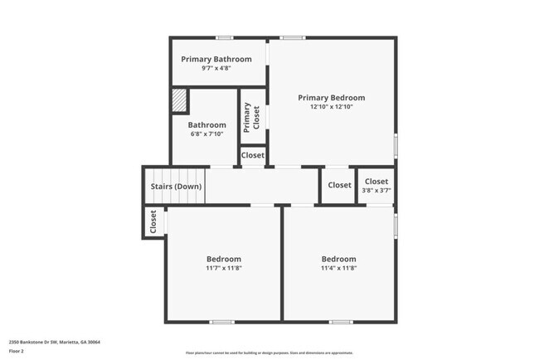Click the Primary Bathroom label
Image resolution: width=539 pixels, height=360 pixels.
point(216,59)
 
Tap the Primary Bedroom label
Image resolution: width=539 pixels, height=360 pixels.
point(331,98)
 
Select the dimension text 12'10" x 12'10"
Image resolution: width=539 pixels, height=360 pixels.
point(331,107)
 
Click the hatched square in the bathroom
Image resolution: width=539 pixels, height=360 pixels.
point(179,101)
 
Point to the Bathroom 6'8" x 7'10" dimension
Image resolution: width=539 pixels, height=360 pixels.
point(207,134)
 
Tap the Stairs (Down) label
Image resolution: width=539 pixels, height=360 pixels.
point(176,186)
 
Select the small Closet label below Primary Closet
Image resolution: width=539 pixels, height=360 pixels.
point(253,155)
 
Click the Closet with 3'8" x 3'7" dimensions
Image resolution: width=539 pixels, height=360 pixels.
point(376,181)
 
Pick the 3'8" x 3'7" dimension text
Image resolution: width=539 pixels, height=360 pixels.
point(376,190)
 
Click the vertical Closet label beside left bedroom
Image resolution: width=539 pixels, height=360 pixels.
point(153,221)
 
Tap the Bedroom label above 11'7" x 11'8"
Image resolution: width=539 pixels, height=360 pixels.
point(224,259)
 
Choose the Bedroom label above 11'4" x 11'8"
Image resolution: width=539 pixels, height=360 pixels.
point(338,259)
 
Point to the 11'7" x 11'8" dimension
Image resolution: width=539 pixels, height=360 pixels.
point(224,268)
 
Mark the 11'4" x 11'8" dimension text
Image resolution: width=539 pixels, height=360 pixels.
point(338,268)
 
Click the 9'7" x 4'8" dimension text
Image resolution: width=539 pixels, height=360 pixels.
point(216,68)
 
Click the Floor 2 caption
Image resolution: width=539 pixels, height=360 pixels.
point(17,351)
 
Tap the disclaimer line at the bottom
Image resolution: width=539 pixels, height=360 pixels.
point(269,353)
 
